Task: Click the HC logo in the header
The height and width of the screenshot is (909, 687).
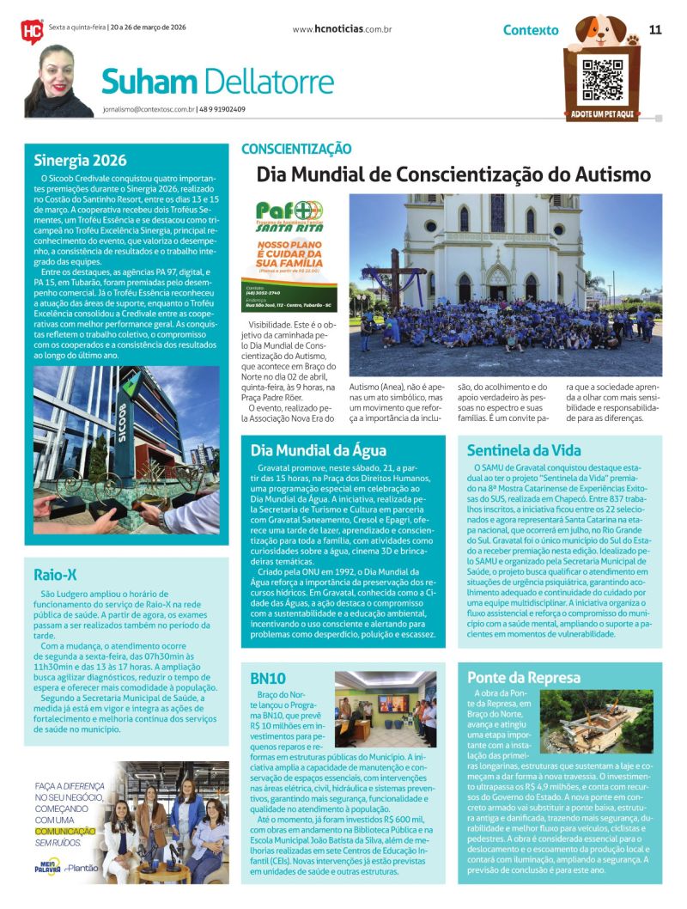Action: pos(31,31)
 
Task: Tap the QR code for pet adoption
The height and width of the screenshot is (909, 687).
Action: pos(601,80)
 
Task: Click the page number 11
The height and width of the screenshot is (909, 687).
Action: pos(655,29)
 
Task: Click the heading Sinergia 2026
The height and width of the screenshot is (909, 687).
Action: pos(80,160)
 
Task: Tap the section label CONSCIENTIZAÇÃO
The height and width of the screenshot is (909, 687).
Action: pos(295,149)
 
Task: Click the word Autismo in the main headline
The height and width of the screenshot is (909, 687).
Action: pos(604,174)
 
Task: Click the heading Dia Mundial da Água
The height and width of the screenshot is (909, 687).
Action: pos(319,450)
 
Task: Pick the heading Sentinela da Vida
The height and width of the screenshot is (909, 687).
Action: pos(524,450)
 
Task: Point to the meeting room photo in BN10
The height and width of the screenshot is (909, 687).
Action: pos(386,709)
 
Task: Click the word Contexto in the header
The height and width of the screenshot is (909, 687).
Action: pos(531,30)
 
